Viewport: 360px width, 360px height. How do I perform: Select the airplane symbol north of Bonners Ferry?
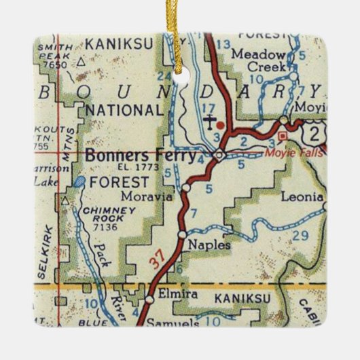pos(212,123)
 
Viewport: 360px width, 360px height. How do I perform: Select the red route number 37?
pos(158,262)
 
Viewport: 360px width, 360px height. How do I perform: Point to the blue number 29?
pos(300,235)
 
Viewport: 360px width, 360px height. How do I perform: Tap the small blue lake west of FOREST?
pos(80,181)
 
